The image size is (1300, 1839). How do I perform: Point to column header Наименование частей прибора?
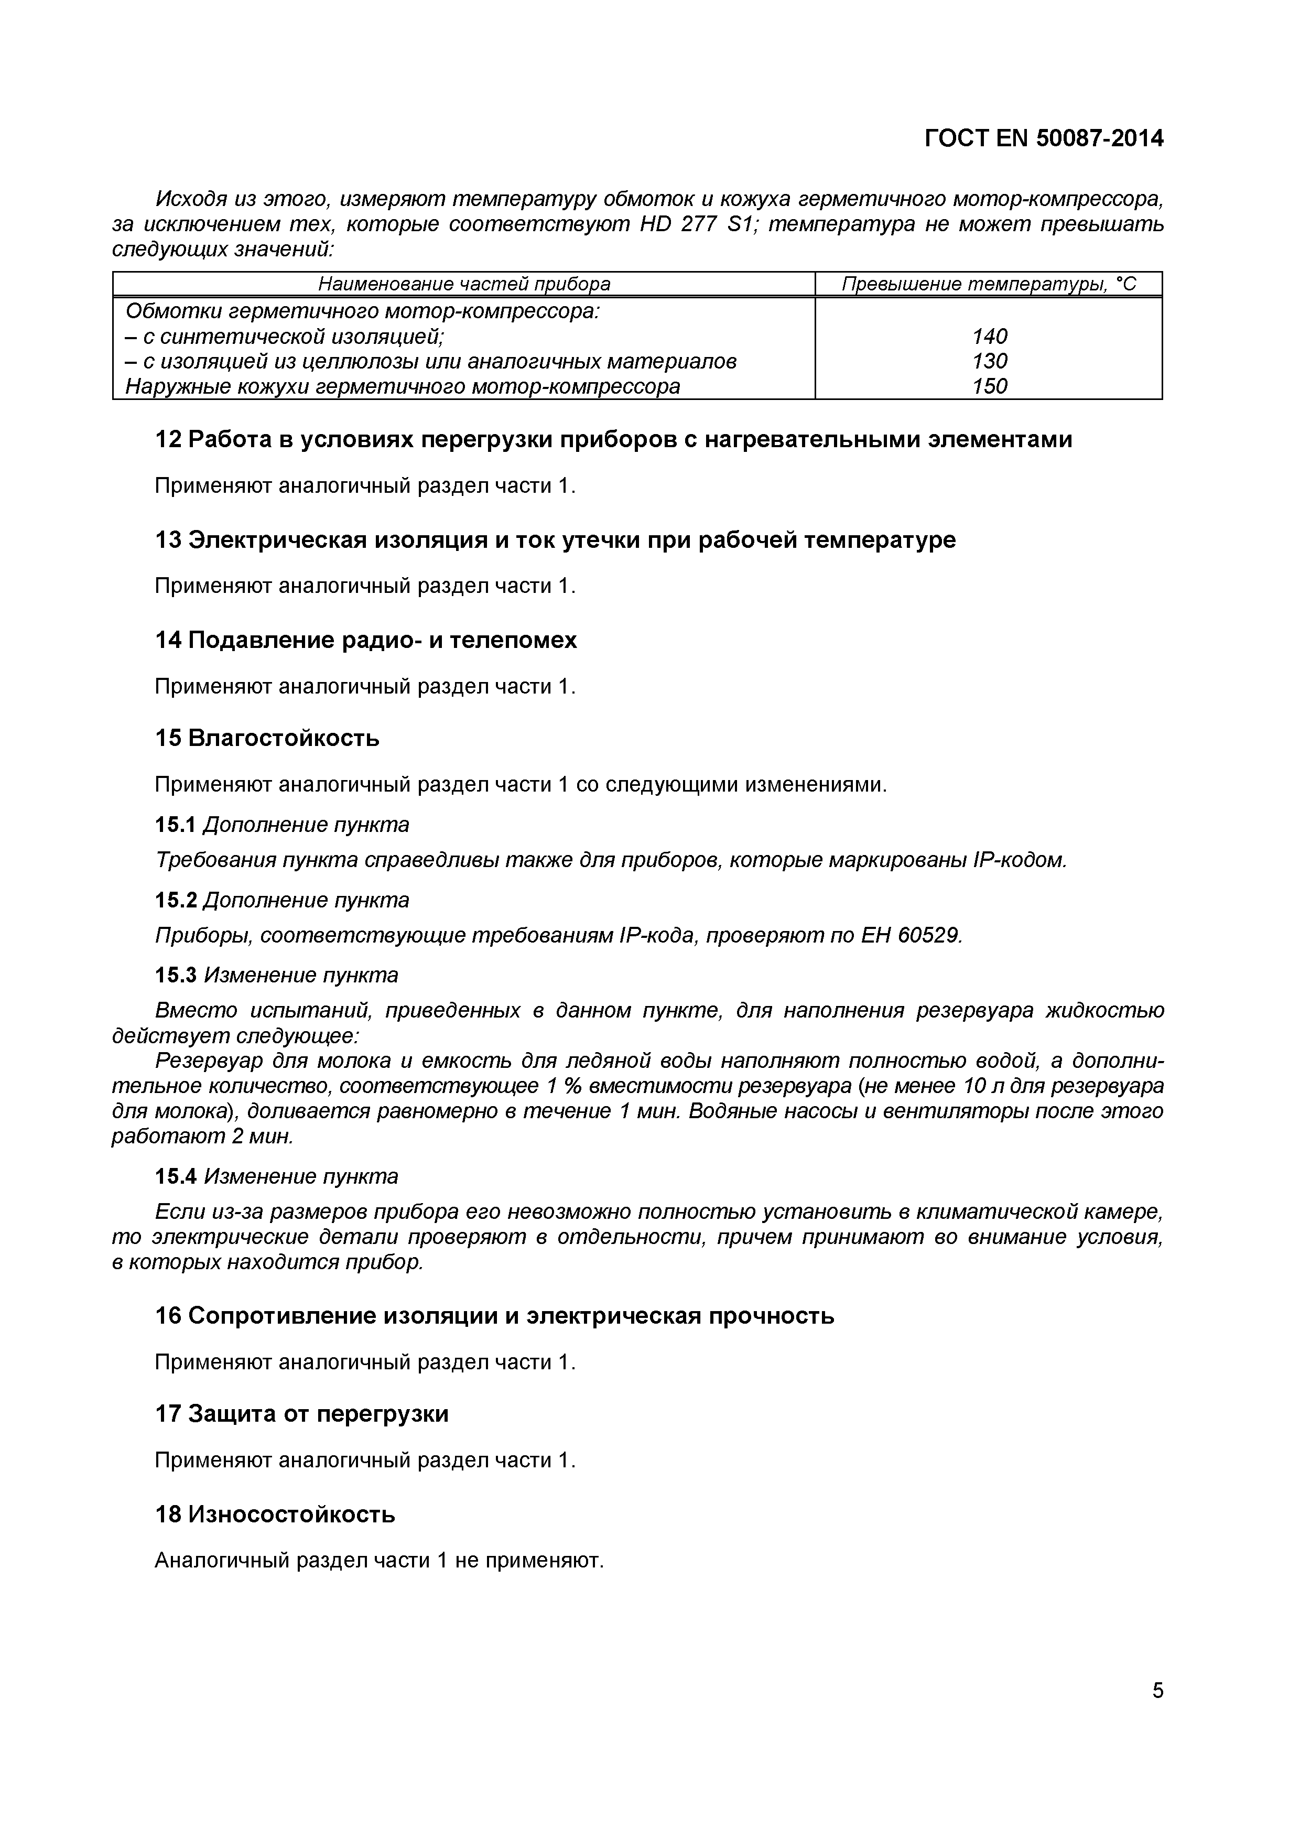[464, 284]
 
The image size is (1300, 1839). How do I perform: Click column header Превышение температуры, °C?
[989, 284]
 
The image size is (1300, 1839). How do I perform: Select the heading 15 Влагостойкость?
[267, 738]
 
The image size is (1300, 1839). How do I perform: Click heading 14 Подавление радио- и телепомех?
[365, 640]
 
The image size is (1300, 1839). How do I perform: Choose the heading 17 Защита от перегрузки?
[301, 1414]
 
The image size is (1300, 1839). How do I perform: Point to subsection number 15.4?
[176, 1176]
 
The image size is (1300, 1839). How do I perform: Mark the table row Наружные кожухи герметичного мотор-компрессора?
[403, 387]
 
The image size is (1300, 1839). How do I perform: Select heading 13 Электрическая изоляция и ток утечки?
[554, 540]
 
